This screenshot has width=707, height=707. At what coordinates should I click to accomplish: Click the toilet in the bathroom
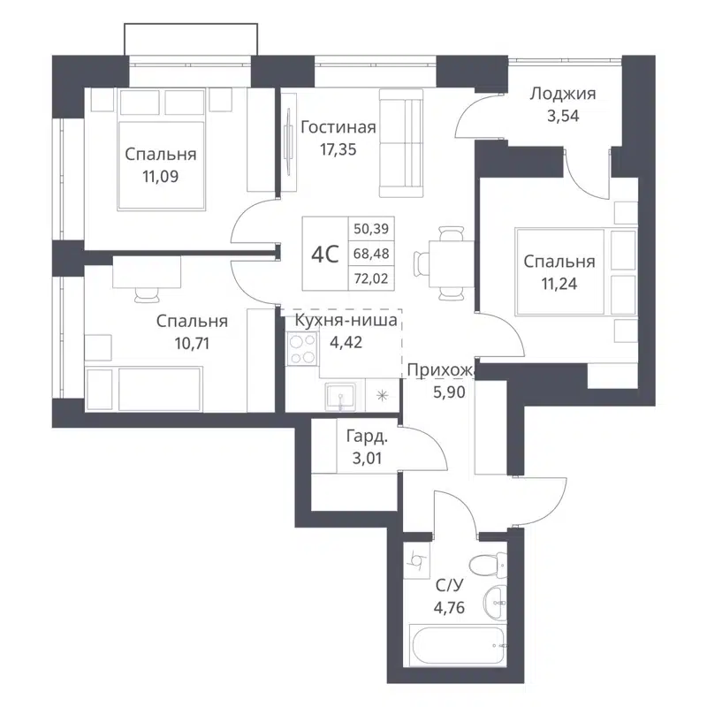click(486, 564)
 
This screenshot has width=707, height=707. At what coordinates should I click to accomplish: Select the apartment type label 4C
click(325, 255)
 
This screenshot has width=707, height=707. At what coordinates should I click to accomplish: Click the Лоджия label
click(562, 94)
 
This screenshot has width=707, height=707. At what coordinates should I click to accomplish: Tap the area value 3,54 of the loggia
click(562, 115)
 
